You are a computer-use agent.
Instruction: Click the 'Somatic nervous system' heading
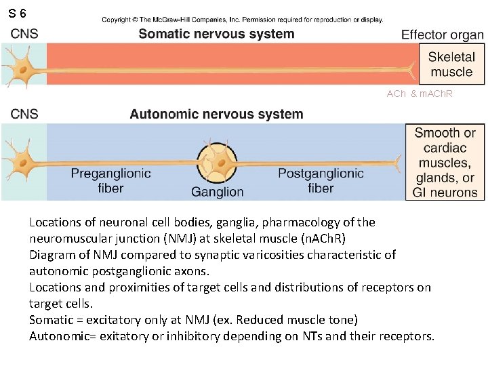click(x=216, y=34)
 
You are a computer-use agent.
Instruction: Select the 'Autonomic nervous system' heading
click(x=216, y=114)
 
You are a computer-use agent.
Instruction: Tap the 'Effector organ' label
click(x=443, y=35)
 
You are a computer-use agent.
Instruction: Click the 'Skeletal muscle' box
click(x=451, y=65)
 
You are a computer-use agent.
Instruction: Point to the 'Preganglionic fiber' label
click(x=110, y=180)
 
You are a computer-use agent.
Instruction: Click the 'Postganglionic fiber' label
click(x=321, y=180)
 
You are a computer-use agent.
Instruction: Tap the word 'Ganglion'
click(x=217, y=192)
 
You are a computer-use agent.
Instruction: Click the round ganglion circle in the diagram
click(x=218, y=162)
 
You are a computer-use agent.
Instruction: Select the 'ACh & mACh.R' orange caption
click(x=419, y=93)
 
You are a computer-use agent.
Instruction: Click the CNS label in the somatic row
click(x=24, y=34)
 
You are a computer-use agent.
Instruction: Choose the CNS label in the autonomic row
click(x=24, y=114)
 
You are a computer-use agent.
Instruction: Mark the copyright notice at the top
click(x=242, y=20)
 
